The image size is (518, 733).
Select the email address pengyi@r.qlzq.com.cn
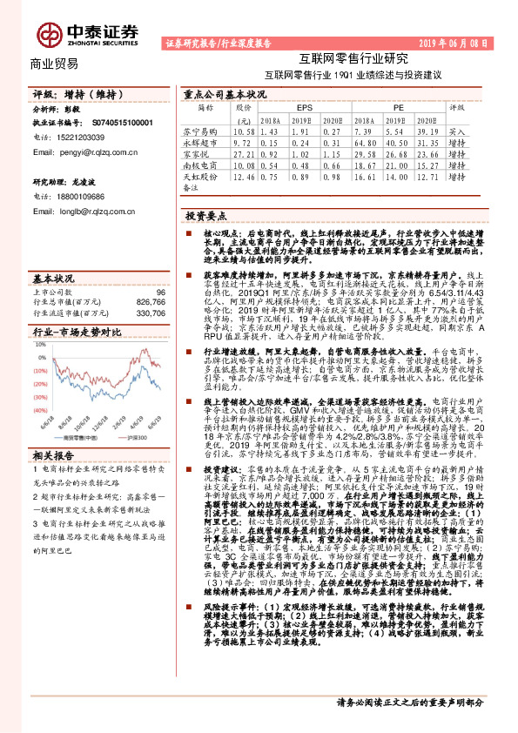[x=79, y=151]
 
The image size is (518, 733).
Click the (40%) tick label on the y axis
[x=38, y=409]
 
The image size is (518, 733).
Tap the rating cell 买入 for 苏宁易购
[x=455, y=129]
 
